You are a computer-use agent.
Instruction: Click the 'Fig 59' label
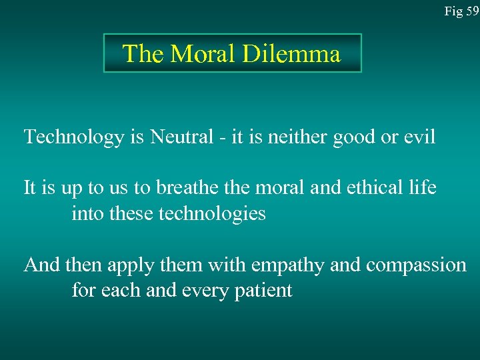[x=462, y=11]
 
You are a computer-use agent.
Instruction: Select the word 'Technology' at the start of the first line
[x=73, y=137]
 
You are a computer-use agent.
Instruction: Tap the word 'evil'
[x=419, y=137]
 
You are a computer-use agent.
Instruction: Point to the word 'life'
[x=423, y=188]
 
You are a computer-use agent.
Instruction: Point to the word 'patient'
[x=265, y=291]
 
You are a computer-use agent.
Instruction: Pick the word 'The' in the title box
[x=143, y=53]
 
